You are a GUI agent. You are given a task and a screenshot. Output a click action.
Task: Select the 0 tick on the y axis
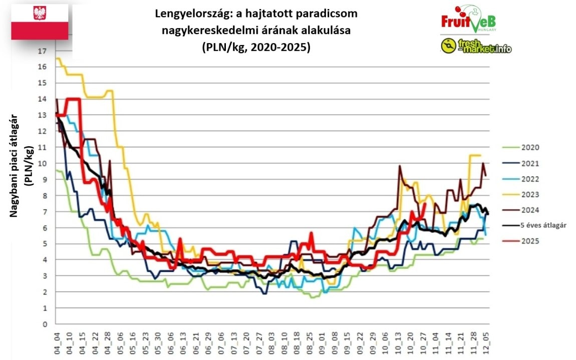45,324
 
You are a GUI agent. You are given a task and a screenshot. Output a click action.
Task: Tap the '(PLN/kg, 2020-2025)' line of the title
256,48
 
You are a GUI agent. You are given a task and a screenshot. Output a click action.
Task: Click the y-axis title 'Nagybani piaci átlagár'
15,165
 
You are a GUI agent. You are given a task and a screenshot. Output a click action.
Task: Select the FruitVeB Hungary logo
469,19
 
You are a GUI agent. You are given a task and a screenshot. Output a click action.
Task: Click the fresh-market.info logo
476,47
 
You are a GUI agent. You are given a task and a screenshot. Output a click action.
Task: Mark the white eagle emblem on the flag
40,13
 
